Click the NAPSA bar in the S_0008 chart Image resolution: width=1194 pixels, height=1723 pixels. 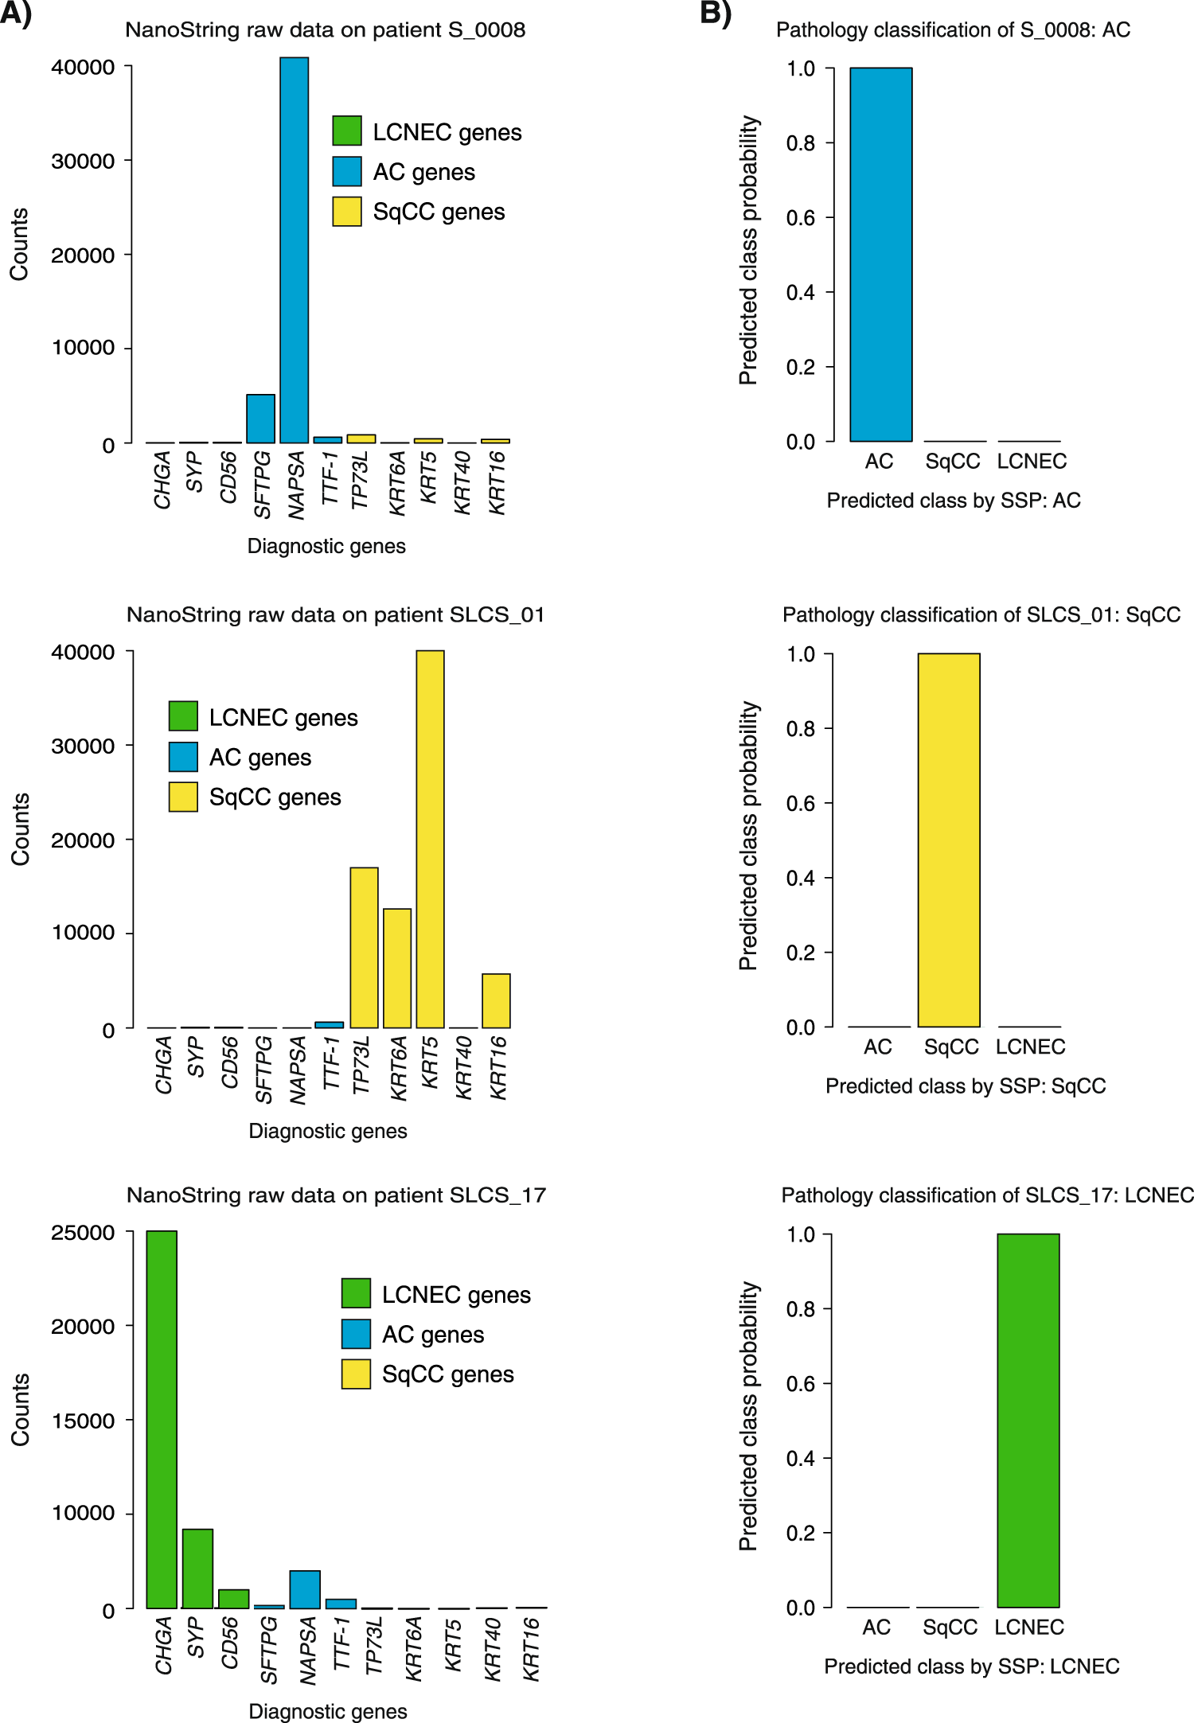click(x=294, y=250)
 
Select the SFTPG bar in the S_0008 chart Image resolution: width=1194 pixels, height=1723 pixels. click(x=260, y=419)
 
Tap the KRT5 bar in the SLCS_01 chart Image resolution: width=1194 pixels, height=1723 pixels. click(x=430, y=839)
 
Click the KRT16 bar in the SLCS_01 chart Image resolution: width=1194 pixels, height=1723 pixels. click(x=496, y=1000)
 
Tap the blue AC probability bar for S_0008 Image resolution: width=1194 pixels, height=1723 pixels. click(x=880, y=255)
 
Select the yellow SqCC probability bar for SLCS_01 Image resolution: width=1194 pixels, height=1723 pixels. click(x=949, y=840)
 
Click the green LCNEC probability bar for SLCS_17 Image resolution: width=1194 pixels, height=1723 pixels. click(x=1028, y=1420)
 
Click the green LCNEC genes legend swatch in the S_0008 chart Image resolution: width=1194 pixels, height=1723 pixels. click(x=347, y=131)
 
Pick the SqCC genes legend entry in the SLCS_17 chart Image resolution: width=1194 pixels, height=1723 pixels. click(x=447, y=1374)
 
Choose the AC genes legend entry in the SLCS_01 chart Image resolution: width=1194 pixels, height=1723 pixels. click(x=259, y=758)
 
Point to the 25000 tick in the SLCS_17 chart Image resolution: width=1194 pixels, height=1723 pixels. click(x=83, y=1233)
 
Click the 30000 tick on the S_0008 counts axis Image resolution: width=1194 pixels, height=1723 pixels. click(x=83, y=161)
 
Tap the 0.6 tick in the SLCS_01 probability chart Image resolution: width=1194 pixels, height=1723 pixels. click(x=801, y=803)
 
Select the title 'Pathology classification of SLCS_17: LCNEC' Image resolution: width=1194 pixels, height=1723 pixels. click(x=987, y=1195)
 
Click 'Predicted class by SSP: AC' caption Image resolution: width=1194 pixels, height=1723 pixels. click(x=954, y=501)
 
